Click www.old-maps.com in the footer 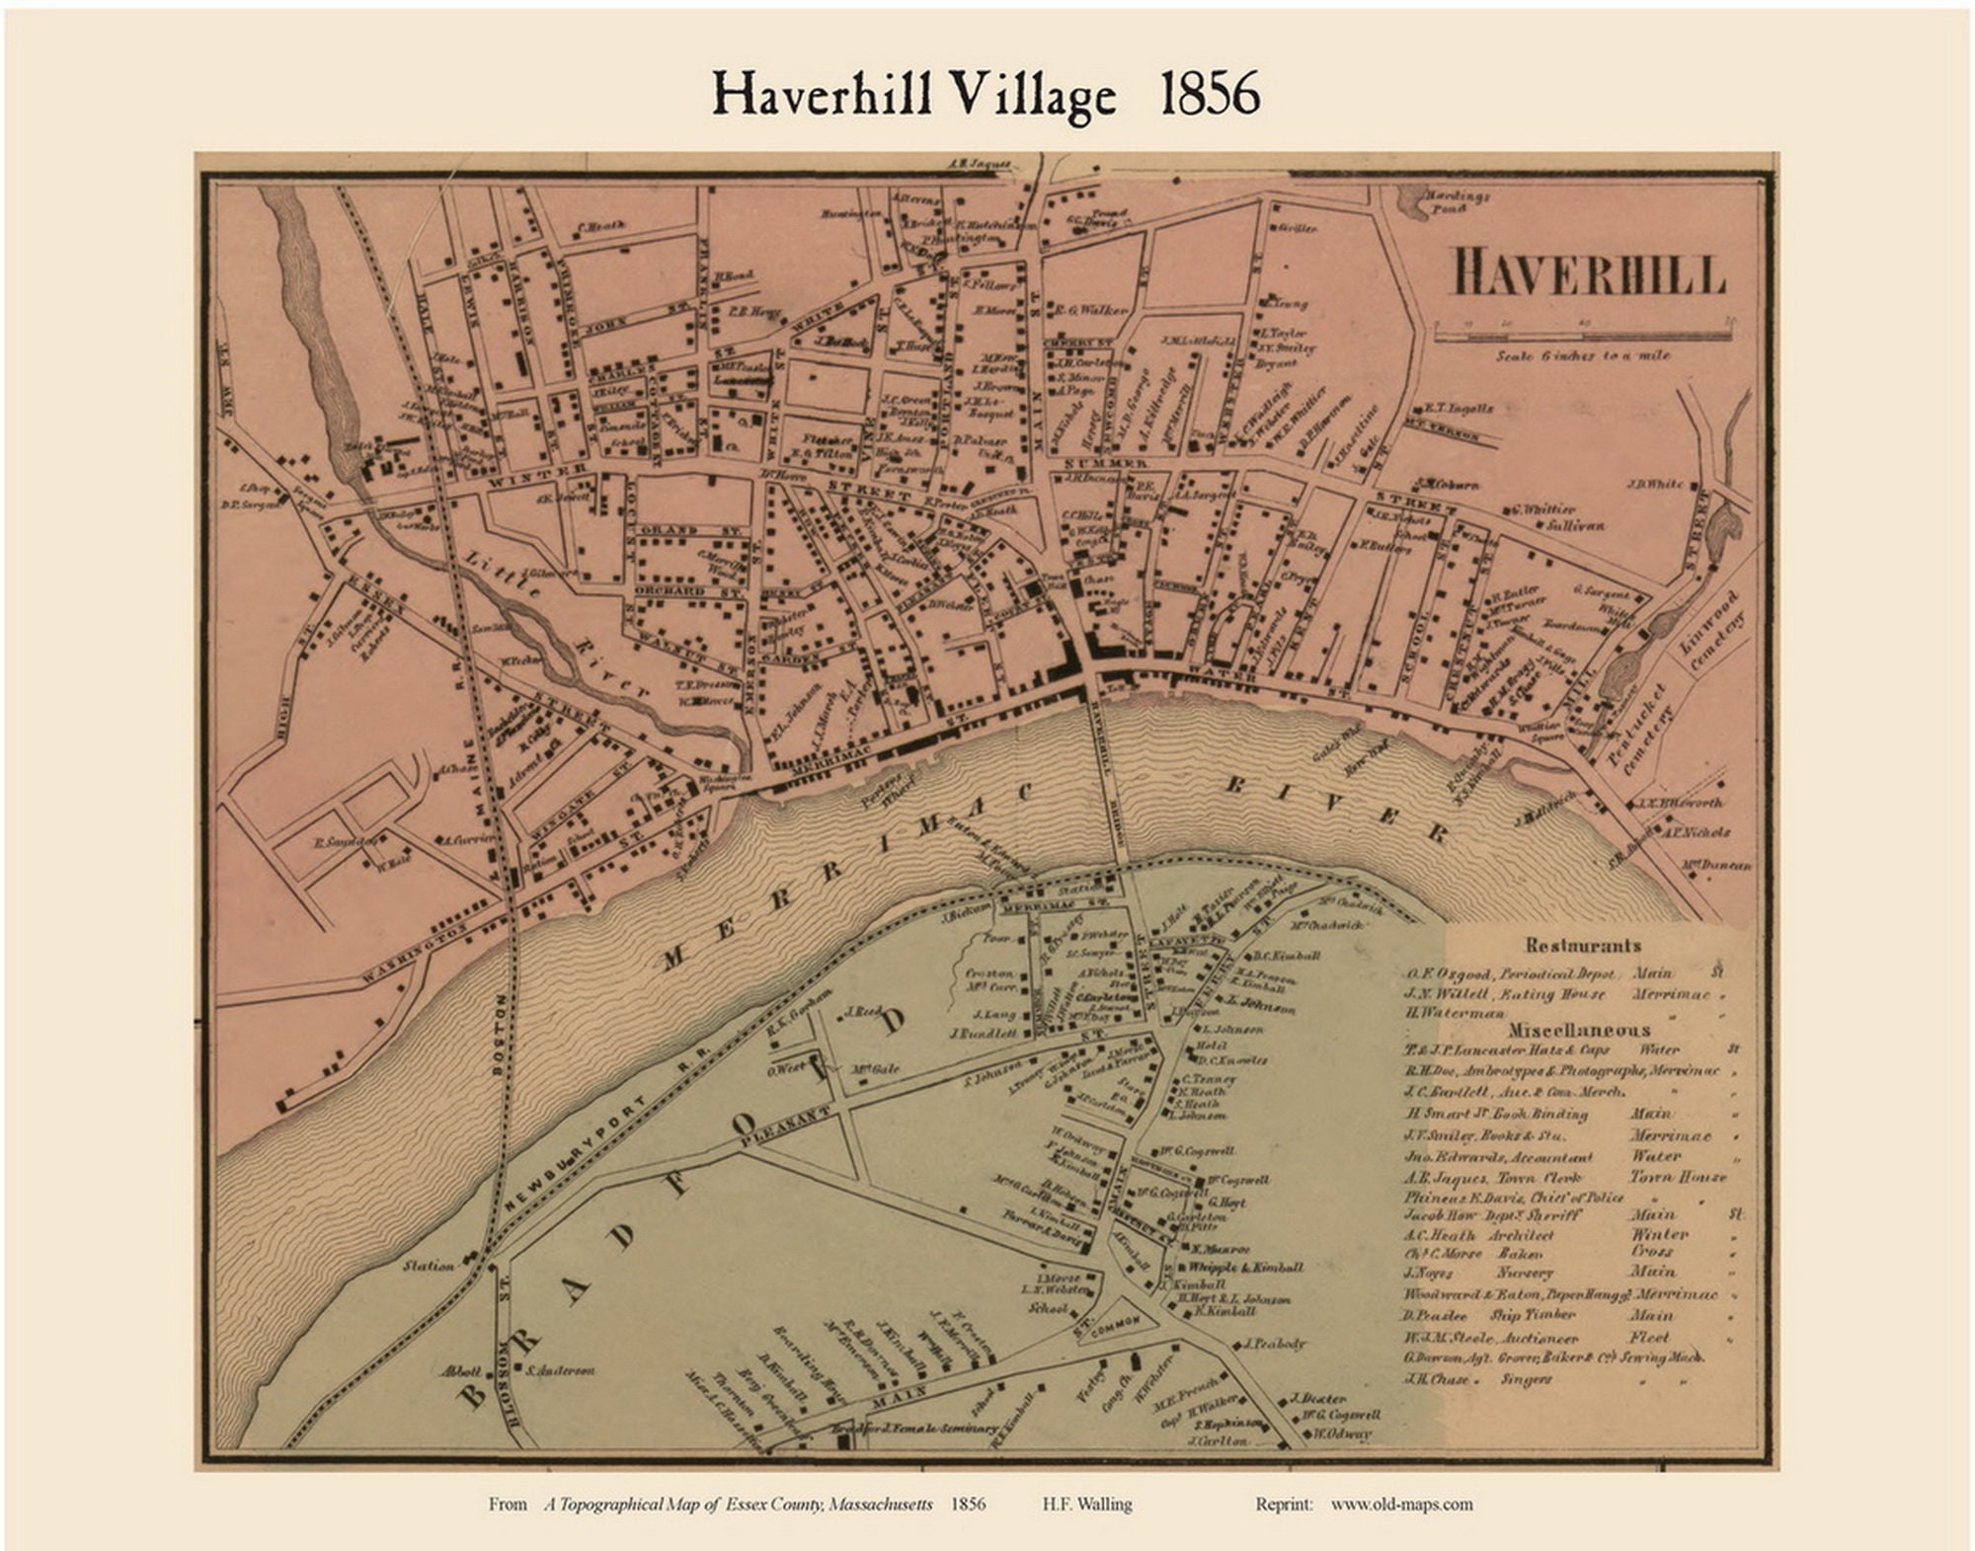1401,1505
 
